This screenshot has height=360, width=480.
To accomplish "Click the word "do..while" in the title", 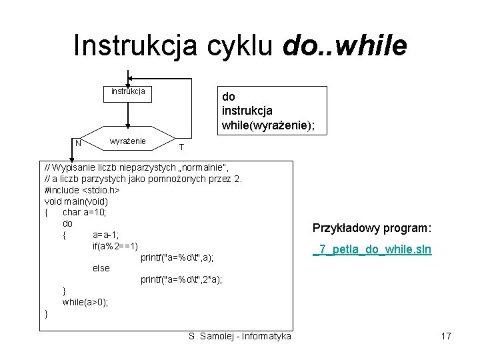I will click(345, 46).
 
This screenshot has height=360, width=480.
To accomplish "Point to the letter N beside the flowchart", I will click(78, 143).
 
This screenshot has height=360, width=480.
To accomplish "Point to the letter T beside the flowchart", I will click(181, 147).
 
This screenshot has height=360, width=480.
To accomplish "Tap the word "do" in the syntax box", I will click(228, 97).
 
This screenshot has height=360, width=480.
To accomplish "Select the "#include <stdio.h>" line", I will click(82, 190).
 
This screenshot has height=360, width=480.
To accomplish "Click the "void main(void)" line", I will click(76, 201).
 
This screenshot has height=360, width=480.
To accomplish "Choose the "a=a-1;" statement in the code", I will click(107, 235).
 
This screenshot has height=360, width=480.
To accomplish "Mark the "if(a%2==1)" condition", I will click(115, 246).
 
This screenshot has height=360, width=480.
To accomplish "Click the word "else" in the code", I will click(101, 268).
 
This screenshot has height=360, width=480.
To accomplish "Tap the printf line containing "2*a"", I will click(181, 279).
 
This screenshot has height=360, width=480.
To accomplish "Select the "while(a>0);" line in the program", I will click(85, 302).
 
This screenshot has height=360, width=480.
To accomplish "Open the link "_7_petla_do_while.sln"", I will click(373, 250).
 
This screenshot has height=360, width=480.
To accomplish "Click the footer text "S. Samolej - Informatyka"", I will click(240, 336).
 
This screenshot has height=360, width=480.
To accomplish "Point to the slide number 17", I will click(446, 336).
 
